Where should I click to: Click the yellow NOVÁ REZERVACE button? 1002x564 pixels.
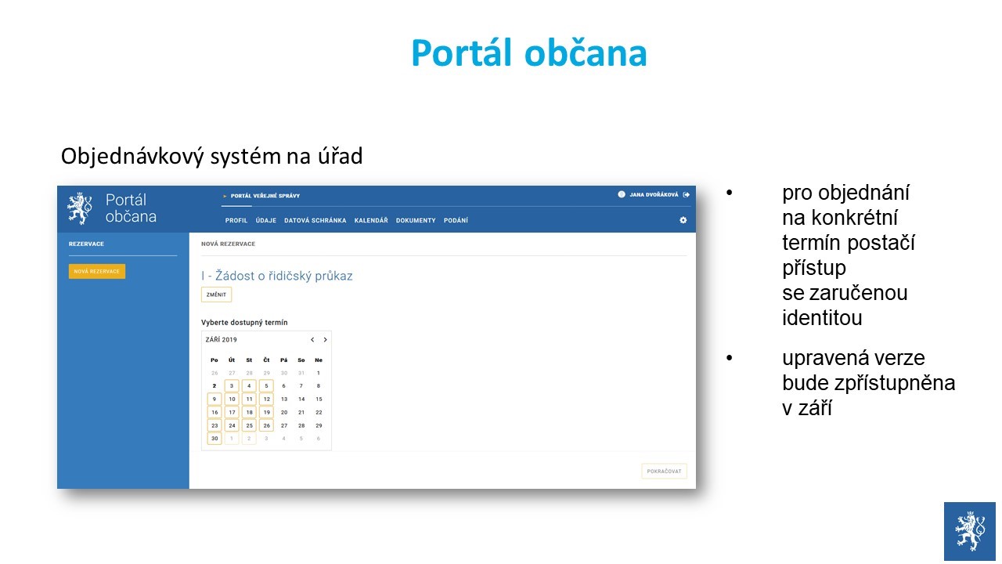tap(96, 271)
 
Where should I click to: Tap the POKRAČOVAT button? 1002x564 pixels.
tap(664, 471)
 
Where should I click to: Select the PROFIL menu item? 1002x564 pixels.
tap(236, 220)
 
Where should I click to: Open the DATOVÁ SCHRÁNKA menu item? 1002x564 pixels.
tap(315, 220)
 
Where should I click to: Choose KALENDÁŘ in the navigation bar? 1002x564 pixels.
tap(371, 220)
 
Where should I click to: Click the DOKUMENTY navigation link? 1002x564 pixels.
tap(416, 220)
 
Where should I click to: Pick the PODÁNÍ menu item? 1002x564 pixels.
tap(456, 220)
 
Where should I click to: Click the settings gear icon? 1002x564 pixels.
tap(683, 220)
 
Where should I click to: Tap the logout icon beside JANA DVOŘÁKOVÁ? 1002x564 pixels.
tap(687, 195)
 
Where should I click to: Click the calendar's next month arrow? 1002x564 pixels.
tap(325, 340)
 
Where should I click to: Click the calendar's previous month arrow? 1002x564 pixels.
tap(312, 340)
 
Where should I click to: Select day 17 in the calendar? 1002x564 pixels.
tap(232, 412)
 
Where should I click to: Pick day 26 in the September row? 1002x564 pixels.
tap(267, 425)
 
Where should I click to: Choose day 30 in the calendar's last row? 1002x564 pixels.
tap(214, 438)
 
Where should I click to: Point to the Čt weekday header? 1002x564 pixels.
tap(267, 360)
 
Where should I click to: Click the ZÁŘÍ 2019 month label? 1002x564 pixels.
tap(221, 340)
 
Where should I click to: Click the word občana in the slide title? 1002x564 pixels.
tap(586, 52)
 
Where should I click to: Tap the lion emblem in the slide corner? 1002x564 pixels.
tap(969, 531)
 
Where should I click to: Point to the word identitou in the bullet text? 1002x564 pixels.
tap(822, 318)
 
